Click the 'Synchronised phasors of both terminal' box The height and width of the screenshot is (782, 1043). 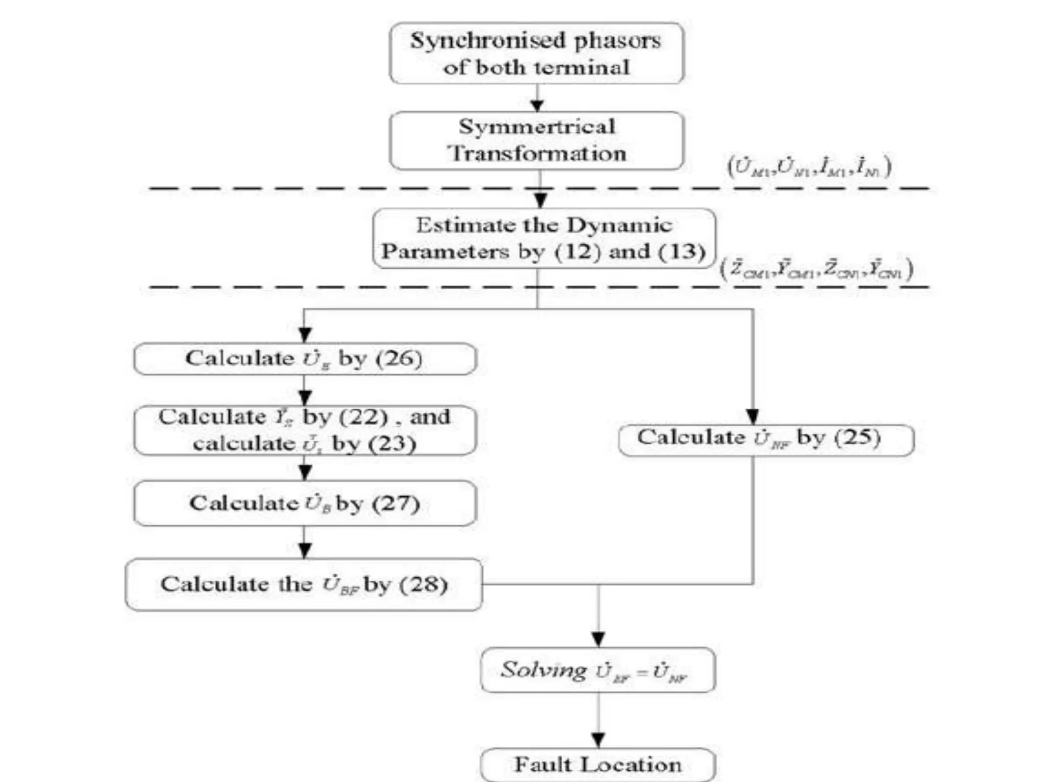pyautogui.click(x=536, y=53)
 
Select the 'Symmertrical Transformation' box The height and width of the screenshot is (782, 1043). pyautogui.click(x=536, y=140)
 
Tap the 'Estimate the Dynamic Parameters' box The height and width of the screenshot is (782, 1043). pyautogui.click(x=543, y=238)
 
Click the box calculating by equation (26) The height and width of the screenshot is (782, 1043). pyautogui.click(x=305, y=358)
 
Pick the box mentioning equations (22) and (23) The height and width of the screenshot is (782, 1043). pyautogui.click(x=305, y=430)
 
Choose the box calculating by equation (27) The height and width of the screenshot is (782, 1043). pyautogui.click(x=305, y=503)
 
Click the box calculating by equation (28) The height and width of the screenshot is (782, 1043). pyautogui.click(x=304, y=584)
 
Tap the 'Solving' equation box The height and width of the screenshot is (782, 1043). pyautogui.click(x=597, y=670)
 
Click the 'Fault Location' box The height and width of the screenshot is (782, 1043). pyautogui.click(x=597, y=764)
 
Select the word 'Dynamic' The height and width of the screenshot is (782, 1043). pyautogui.click(x=619, y=226)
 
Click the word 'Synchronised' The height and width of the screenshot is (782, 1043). pyautogui.click(x=488, y=41)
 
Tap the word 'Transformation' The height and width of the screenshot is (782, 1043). pyautogui.click(x=536, y=153)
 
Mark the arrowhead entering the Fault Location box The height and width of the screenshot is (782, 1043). pyautogui.click(x=598, y=740)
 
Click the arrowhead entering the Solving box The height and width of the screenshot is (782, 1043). pyautogui.click(x=598, y=639)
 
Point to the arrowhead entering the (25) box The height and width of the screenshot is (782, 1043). pyautogui.click(x=753, y=416)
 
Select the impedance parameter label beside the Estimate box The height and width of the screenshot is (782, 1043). pyautogui.click(x=816, y=269)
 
